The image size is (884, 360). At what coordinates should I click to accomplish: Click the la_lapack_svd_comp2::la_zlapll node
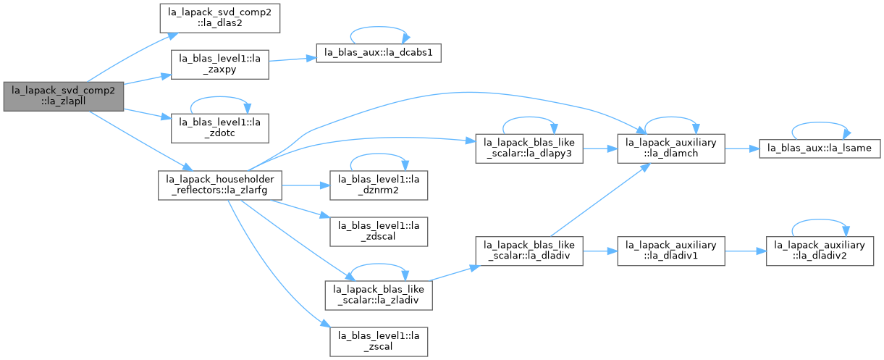tap(64, 97)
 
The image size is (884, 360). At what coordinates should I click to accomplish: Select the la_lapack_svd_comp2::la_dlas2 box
tap(220, 18)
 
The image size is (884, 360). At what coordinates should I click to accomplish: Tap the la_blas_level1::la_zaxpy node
tap(220, 64)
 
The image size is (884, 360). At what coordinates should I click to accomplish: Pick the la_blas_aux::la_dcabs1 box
tap(379, 53)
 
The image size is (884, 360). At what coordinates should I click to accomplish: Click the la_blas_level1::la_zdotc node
tap(220, 128)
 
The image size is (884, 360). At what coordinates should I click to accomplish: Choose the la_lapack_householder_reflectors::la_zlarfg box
tap(220, 185)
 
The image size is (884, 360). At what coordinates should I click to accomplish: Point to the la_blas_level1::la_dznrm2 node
tap(379, 185)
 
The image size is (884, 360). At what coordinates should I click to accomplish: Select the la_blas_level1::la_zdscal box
tap(379, 231)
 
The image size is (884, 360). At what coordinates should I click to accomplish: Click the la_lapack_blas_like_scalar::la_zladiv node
tap(379, 296)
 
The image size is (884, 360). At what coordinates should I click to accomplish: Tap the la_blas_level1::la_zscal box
tap(379, 341)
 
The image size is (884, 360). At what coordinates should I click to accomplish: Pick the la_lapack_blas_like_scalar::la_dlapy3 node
tap(529, 148)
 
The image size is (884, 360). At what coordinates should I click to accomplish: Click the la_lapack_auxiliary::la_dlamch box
tap(671, 148)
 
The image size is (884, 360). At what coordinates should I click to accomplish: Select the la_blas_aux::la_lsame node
tap(820, 148)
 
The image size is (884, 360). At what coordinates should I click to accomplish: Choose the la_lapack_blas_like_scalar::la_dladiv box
tap(529, 251)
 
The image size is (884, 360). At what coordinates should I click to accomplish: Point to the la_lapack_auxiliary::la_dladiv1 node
tap(671, 251)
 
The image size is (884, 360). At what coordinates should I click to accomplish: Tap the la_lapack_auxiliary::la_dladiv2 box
tap(820, 251)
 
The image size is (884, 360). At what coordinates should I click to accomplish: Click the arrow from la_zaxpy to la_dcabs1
tap(292, 59)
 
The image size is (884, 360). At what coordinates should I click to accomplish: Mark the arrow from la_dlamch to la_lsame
tap(742, 148)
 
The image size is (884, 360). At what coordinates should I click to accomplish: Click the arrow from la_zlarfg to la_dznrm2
tap(306, 185)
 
